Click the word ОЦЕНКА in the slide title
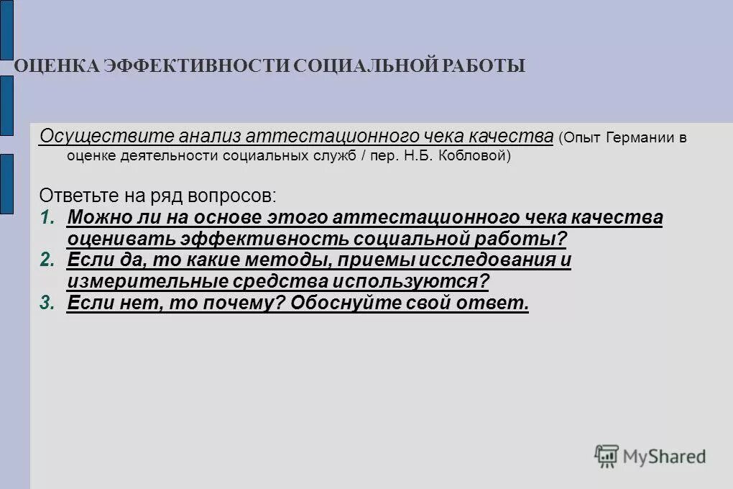click(56, 66)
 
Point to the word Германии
click(635, 138)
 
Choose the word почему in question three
click(241, 303)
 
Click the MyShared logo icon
click(607, 456)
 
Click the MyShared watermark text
click(665, 456)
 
